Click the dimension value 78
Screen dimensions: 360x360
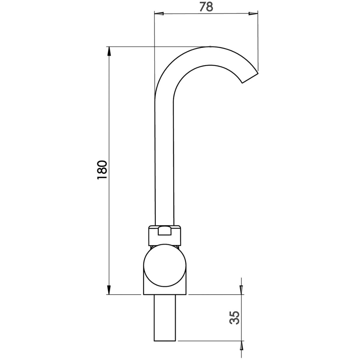pos(206,7)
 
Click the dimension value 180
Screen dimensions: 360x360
pos(102,170)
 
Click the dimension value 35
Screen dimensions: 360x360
pos(235,317)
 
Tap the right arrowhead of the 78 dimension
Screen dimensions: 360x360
pos(254,14)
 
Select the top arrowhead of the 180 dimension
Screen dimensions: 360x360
pos(108,51)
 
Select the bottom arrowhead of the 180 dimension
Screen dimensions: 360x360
pos(108,290)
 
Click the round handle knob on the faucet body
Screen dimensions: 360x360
pos(165,266)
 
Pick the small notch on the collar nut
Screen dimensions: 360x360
pos(165,231)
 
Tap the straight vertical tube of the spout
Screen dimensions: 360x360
pos(164,160)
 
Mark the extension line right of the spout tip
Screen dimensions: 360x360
pos(258,40)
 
